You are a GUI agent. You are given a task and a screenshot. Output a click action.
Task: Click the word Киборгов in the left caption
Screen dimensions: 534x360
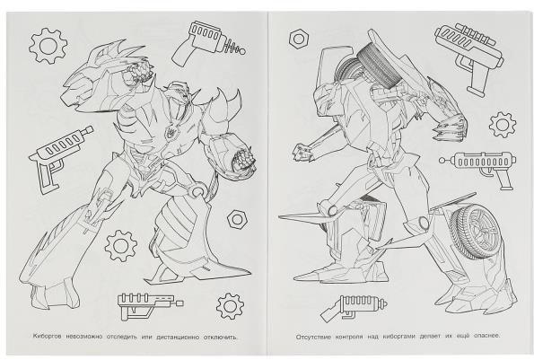point(48,337)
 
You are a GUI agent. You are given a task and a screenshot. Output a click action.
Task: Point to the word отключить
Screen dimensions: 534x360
point(220,337)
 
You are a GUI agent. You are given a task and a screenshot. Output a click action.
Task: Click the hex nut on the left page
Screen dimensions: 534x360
point(237,219)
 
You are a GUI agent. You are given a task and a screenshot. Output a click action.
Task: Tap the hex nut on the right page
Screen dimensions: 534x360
point(299,39)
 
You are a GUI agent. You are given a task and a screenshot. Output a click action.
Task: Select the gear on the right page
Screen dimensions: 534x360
point(503,125)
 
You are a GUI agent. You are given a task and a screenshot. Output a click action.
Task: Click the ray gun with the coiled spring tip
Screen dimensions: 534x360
point(208,43)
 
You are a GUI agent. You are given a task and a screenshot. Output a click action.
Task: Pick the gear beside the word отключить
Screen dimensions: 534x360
point(231,306)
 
